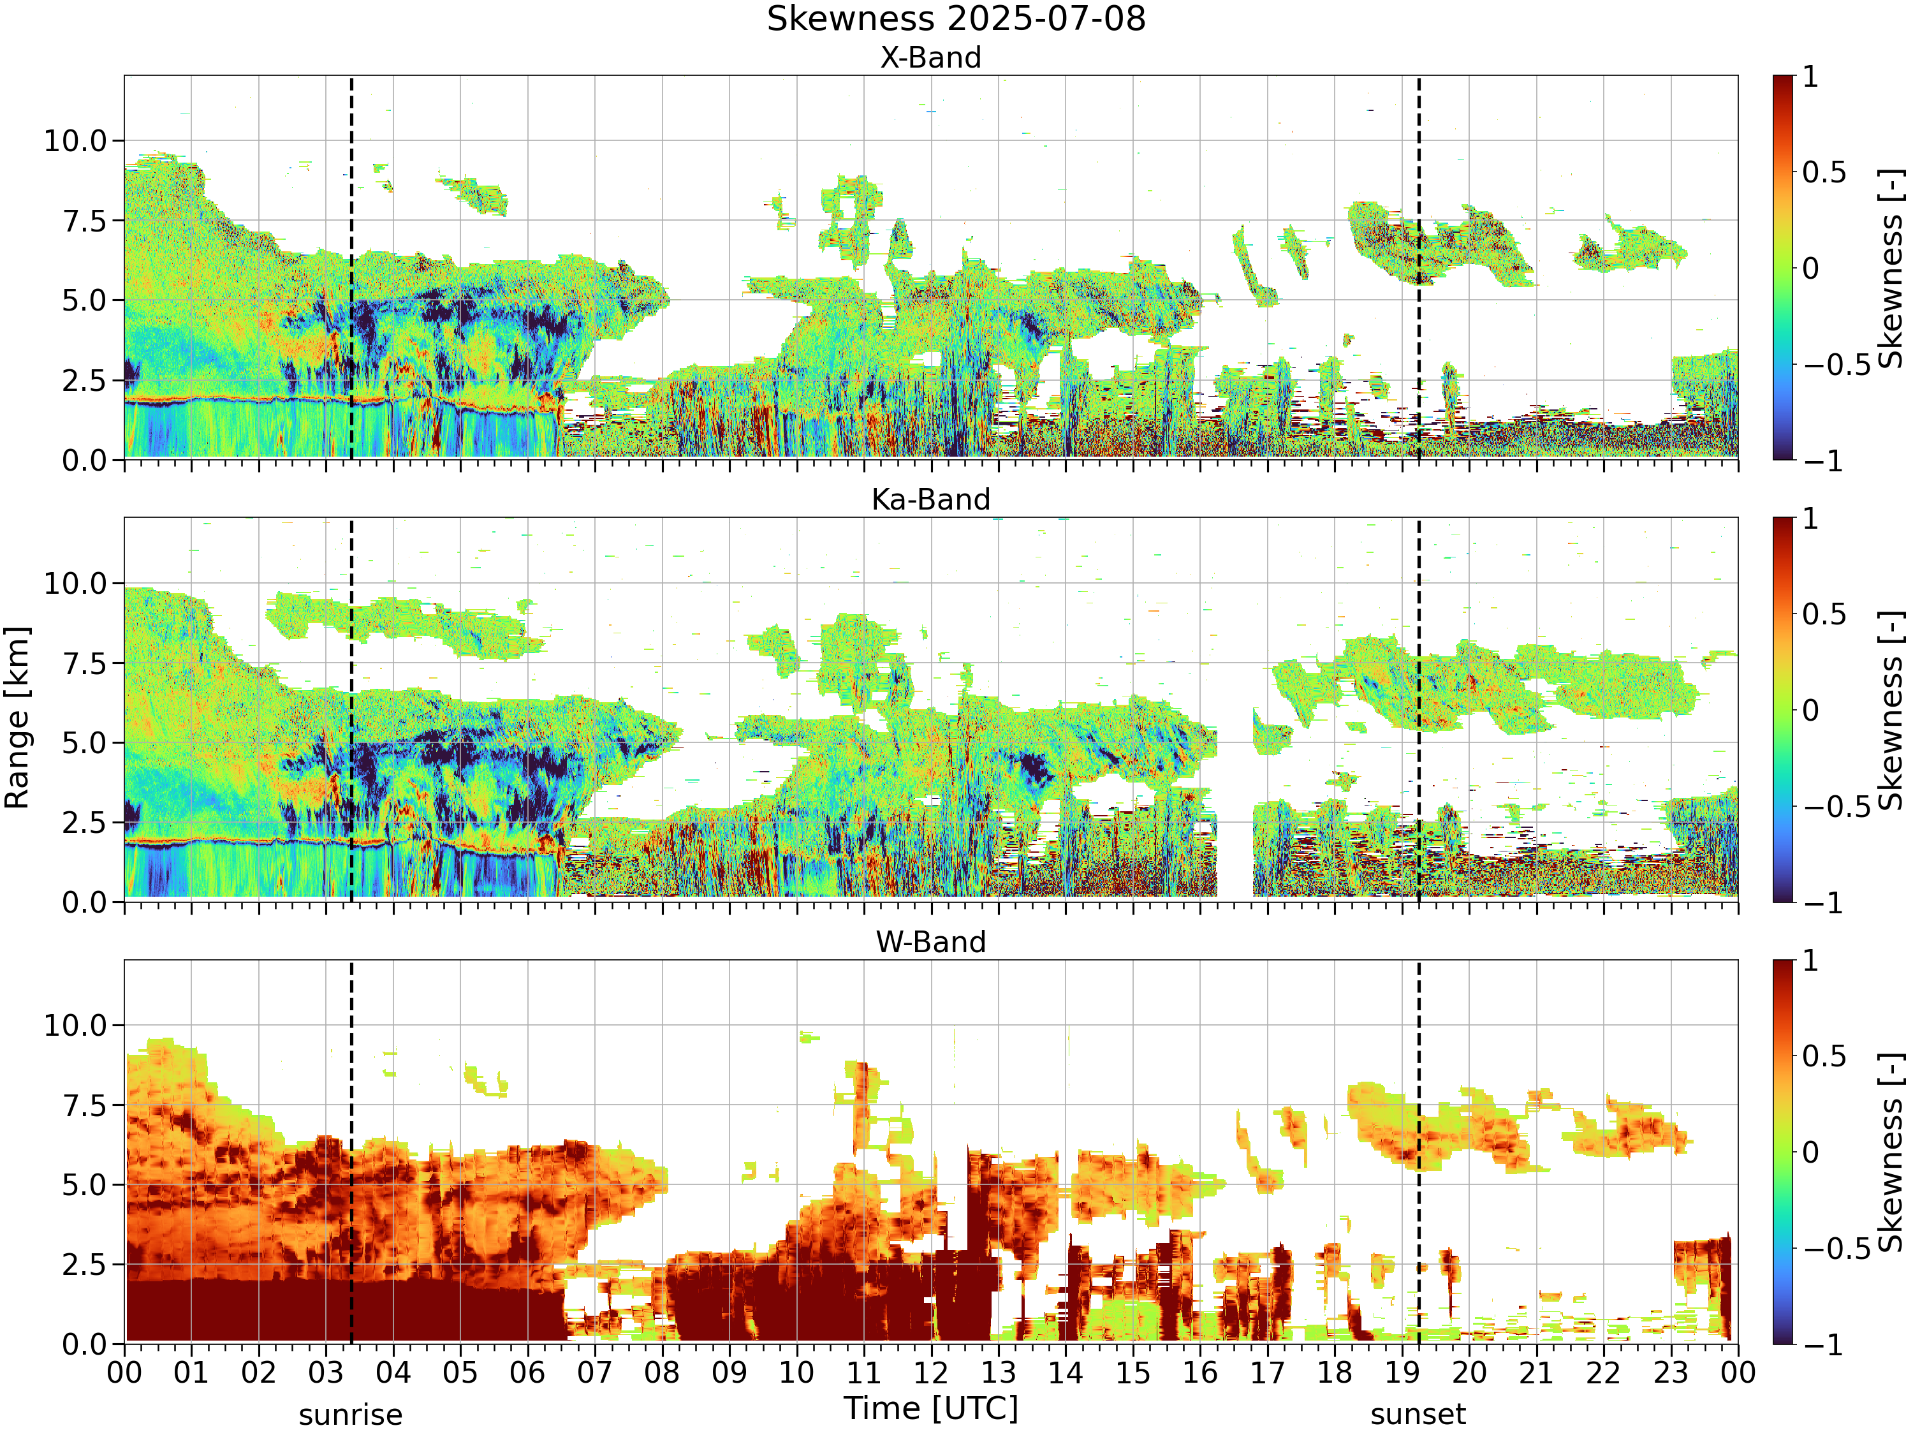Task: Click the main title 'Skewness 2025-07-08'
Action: tap(956, 19)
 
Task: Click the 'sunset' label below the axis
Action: tap(1418, 1415)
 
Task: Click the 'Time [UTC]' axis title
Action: tap(932, 1409)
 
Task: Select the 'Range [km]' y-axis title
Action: tap(17, 718)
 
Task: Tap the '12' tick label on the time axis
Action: tap(932, 1372)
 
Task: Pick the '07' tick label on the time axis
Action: tap(595, 1372)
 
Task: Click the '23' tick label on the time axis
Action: tap(1671, 1372)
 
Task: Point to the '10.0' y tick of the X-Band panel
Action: tap(75, 141)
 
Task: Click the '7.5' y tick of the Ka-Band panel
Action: tap(84, 663)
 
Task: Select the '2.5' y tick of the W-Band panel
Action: tap(84, 1265)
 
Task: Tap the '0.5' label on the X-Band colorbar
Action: tap(1824, 173)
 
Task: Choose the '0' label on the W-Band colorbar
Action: tap(1811, 1152)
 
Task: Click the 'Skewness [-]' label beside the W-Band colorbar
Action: tap(1891, 1152)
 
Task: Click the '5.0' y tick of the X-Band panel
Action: tap(84, 301)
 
